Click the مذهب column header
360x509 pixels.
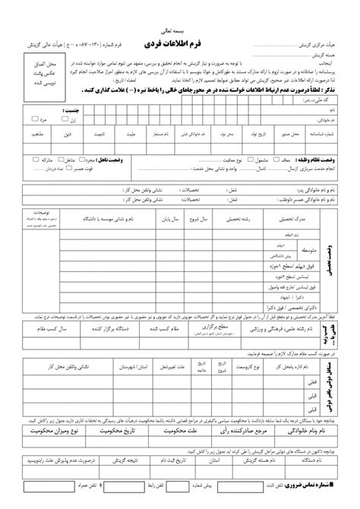pos(36,131)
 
